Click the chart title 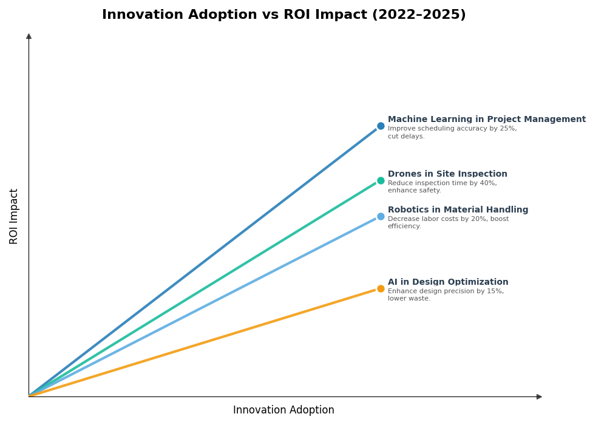(283, 15)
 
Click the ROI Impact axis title (14, 216)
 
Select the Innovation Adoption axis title (283, 410)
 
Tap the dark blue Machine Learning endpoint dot (381, 126)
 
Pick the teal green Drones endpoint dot (381, 180)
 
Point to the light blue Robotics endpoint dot (381, 216)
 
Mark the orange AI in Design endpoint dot (381, 288)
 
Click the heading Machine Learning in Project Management (486, 120)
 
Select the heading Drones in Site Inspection (447, 174)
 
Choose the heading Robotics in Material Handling (458, 210)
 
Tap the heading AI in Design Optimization (448, 282)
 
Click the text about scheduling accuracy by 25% (452, 132)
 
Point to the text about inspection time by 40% (442, 187)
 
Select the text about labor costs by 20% (448, 223)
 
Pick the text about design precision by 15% (446, 295)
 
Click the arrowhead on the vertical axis (29, 36)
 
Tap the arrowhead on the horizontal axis (539, 396)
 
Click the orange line (206, 342)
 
